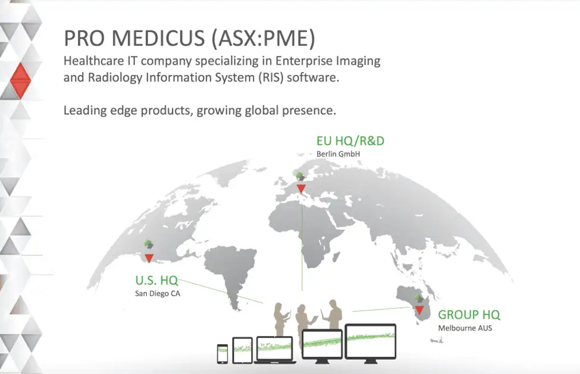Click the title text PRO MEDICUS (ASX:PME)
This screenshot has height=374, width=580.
189,38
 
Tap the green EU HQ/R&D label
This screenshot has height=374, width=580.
350,141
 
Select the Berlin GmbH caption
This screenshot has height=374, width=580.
338,154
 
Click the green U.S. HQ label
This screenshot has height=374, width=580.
156,281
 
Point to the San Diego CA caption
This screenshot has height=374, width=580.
158,294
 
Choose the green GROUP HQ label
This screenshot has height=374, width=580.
469,315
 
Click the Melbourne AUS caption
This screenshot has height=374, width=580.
465,328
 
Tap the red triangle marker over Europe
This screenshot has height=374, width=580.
301,189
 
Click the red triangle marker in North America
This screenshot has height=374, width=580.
149,258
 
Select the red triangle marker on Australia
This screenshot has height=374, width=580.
419,310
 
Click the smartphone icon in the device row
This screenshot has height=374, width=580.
222,354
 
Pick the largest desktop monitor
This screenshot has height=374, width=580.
371,343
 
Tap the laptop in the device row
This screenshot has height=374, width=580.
275,350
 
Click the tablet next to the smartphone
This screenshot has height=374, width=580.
242,350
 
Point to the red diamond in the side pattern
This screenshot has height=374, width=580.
20,80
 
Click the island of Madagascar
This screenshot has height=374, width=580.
336,256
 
